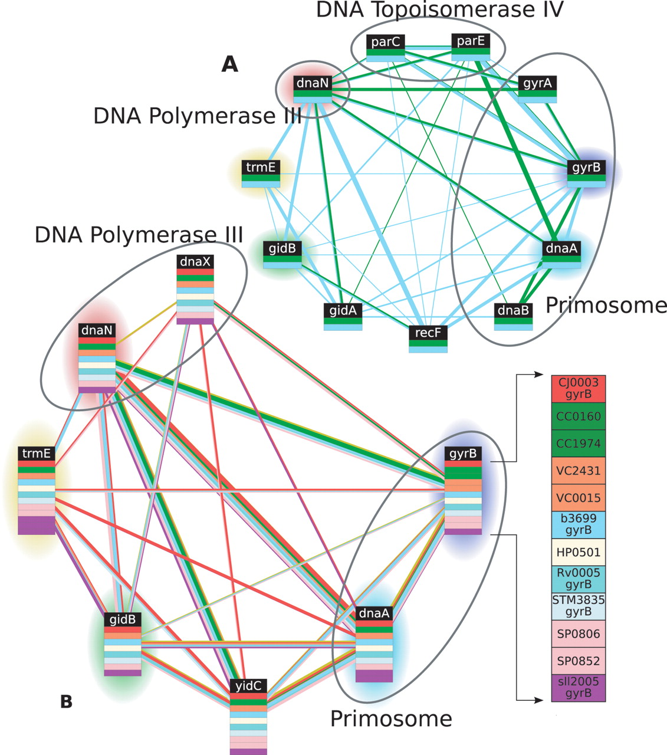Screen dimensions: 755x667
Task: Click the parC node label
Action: (385, 42)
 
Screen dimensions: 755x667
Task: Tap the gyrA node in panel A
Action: (537, 84)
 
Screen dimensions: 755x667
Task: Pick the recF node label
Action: (428, 333)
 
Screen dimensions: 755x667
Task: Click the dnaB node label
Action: (513, 310)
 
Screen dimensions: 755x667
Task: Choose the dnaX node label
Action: (195, 261)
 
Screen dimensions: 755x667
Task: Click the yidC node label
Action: (248, 686)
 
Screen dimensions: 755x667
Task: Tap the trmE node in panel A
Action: (261, 168)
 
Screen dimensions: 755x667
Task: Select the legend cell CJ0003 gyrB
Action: (578, 389)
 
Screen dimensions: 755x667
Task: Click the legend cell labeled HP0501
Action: (578, 552)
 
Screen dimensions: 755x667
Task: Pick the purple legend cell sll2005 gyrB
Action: (578, 688)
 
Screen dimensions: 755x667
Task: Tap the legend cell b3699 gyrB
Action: (578, 524)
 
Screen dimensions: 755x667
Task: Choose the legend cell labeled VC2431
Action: (578, 471)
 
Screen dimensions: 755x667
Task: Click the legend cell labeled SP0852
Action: (578, 661)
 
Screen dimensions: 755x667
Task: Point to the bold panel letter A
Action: (229, 64)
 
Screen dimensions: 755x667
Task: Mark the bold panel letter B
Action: (66, 701)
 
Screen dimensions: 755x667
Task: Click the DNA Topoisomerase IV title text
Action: (439, 10)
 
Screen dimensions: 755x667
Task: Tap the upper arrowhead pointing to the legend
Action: (539, 375)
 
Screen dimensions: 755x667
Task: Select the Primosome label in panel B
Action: (390, 718)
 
